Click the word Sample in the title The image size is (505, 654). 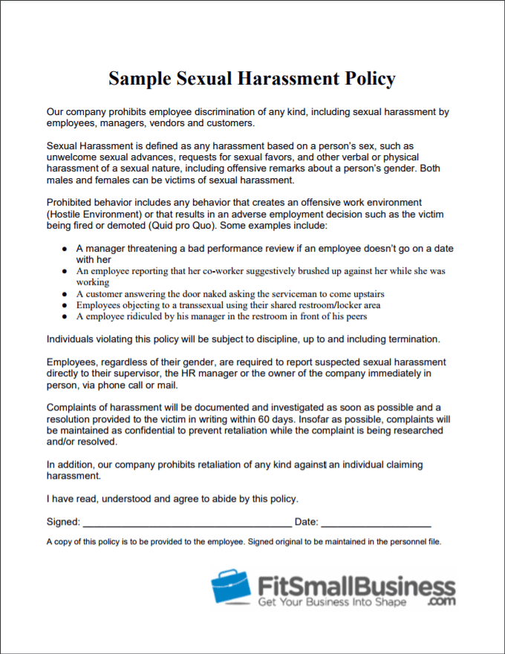coord(140,79)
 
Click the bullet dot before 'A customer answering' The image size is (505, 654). coord(65,294)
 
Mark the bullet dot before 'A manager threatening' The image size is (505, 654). coord(65,248)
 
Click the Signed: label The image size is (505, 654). coord(62,522)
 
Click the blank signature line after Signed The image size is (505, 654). coord(186,523)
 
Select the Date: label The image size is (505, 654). coord(306,522)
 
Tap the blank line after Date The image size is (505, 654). coord(376,523)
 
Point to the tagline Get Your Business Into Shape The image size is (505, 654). coord(332,602)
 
